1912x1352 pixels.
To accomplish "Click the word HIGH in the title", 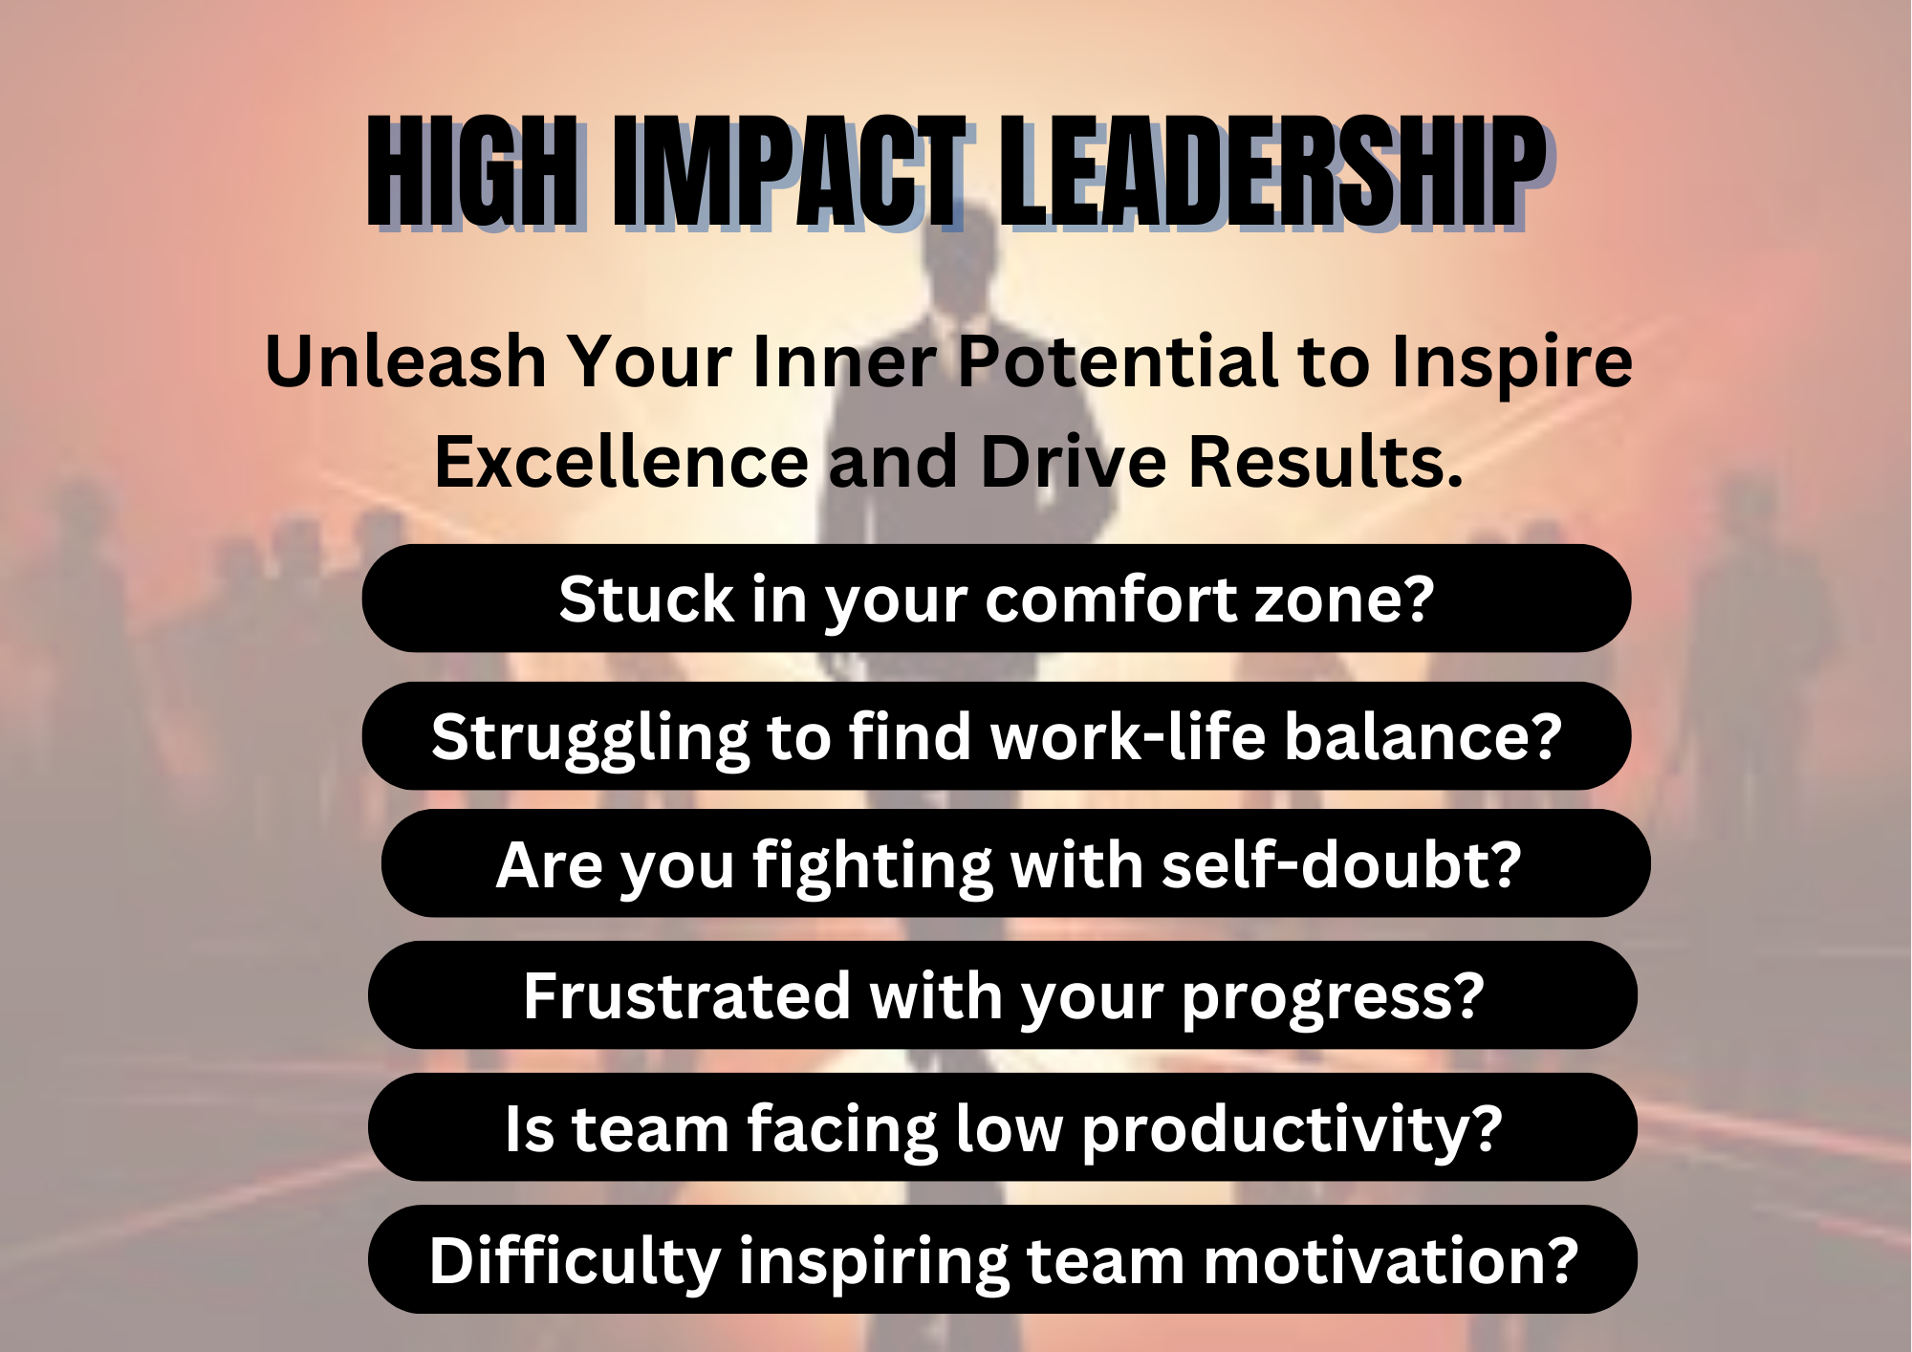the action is (x=472, y=172).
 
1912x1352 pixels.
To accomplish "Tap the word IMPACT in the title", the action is (x=790, y=172).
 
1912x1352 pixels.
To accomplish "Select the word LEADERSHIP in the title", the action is (x=1273, y=172).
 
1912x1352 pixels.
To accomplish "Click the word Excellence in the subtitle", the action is (x=622, y=462).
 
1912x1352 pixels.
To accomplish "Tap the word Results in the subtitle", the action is (x=1326, y=462).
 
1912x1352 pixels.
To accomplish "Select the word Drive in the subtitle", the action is (x=1074, y=462).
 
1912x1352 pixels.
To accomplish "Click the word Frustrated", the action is (x=687, y=996).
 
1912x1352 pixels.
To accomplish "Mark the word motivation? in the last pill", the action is (x=1391, y=1261).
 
